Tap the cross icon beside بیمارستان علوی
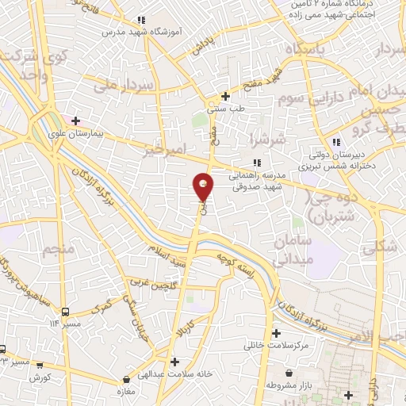click(75, 121)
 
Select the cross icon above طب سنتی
click(225, 96)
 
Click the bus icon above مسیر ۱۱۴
click(66, 312)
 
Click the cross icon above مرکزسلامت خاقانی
click(276, 334)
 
